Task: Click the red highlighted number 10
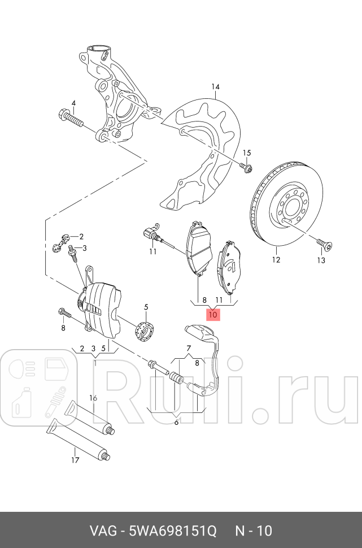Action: pos(213,314)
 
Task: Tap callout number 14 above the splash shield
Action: pos(215,86)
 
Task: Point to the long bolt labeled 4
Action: pos(70,119)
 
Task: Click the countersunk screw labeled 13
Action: pos(325,244)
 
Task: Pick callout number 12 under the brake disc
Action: pos(275,260)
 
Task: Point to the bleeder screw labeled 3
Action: pos(72,256)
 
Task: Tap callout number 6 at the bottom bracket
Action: pos(176,422)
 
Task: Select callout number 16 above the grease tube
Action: pos(94,398)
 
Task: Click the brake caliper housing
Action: pos(102,305)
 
